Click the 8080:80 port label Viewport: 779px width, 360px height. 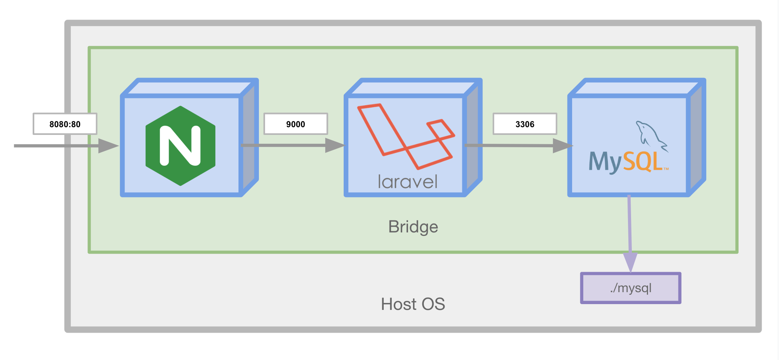pos(65,124)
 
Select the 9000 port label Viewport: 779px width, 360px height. pos(295,124)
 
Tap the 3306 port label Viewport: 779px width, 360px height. pos(525,124)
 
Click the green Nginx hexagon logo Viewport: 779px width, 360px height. pos(180,146)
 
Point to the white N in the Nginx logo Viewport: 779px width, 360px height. pos(180,146)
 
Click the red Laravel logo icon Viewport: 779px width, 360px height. pos(406,136)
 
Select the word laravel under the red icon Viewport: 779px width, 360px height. pos(408,182)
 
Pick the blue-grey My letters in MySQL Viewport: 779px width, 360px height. pos(605,162)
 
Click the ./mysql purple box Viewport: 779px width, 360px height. pos(631,288)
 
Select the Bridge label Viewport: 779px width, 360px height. pos(413,227)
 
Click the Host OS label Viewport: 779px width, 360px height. pos(413,304)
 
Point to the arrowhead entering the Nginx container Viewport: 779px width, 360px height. pos(108,146)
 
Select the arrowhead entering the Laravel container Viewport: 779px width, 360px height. pos(335,145)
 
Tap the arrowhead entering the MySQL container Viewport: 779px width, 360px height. pos(563,146)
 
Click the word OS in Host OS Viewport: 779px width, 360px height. pos(433,304)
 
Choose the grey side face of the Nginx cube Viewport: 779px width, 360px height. pos(248,139)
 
